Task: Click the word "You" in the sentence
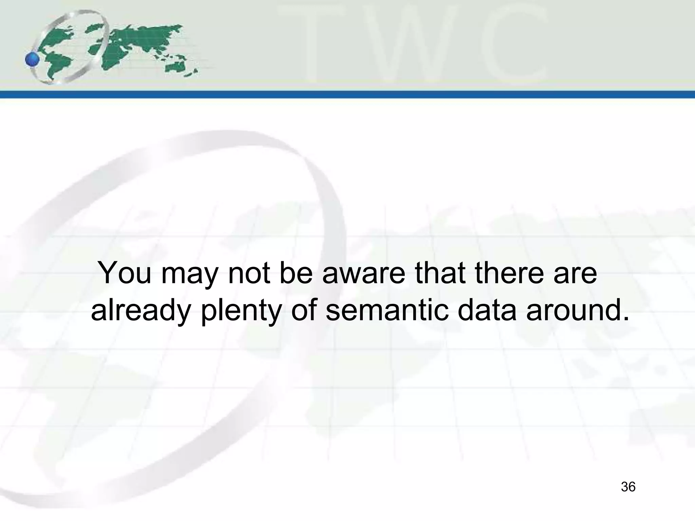coord(126,273)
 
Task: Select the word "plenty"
coord(241,311)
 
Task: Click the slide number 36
coord(628,487)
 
